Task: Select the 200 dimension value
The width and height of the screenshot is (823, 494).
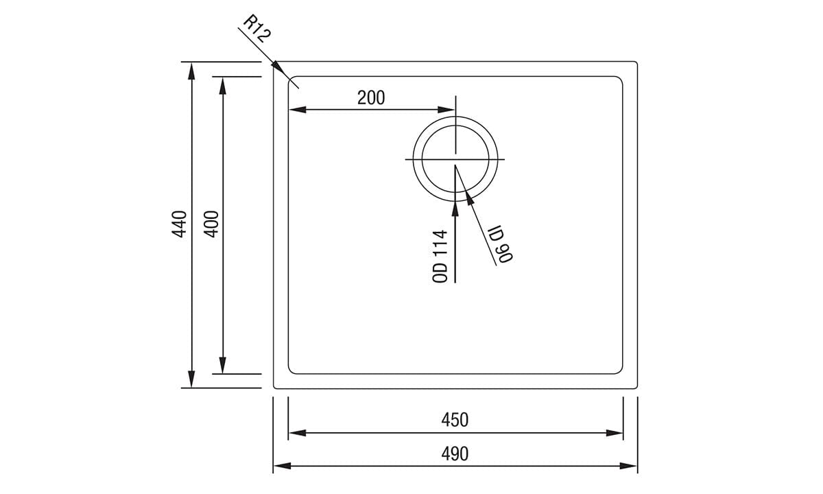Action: tap(371, 97)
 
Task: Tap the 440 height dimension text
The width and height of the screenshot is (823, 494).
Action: tap(179, 224)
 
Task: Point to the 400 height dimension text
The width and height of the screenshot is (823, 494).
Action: tap(211, 224)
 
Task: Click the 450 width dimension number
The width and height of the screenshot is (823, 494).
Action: tap(455, 419)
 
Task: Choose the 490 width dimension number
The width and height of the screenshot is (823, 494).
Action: tap(455, 454)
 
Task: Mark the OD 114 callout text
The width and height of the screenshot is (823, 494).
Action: tap(440, 256)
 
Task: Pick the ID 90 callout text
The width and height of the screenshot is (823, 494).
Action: tap(501, 244)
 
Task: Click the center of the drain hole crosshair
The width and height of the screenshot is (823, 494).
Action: tap(455, 159)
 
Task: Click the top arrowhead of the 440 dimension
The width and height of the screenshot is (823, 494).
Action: tap(191, 70)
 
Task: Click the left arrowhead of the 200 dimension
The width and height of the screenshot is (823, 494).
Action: tap(297, 109)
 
